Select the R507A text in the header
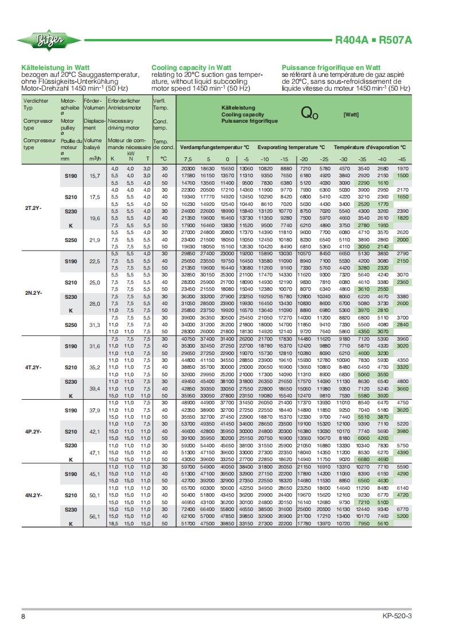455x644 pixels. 395,41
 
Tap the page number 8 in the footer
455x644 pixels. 24,616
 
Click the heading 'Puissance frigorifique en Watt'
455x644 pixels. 331,68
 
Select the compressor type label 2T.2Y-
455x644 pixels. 33,207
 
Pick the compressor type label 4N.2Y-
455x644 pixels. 33,494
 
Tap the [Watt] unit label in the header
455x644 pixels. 351,115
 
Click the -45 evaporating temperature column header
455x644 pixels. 402,159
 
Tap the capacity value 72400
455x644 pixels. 189,509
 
